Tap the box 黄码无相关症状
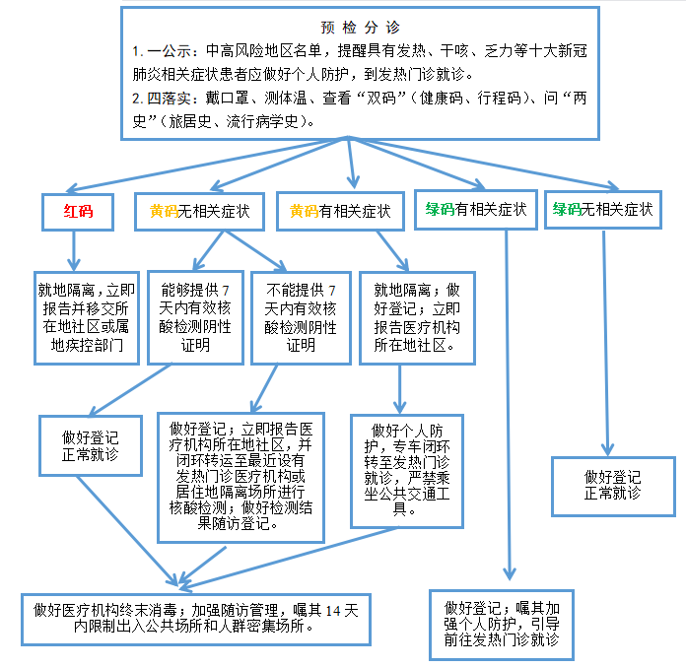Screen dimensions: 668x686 [x=200, y=211]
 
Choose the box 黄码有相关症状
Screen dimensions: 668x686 [x=340, y=211]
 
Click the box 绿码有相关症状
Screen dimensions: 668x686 [x=475, y=209]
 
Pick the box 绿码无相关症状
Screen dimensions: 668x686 [x=602, y=209]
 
